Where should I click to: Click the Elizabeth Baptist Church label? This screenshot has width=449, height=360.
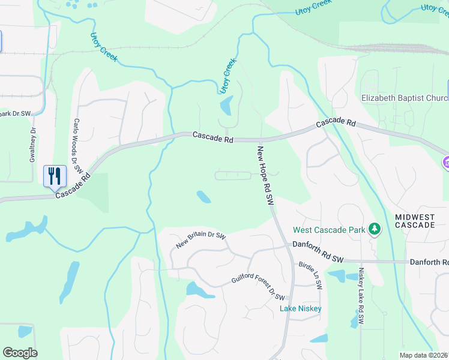click(405, 98)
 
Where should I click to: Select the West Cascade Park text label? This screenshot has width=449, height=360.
click(330, 230)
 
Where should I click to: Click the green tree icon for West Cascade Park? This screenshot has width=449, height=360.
click(375, 229)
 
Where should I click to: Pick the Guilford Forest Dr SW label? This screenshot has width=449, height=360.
click(258, 287)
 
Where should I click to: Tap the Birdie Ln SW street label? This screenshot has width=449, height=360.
click(311, 275)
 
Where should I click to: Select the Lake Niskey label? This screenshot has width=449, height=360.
click(301, 308)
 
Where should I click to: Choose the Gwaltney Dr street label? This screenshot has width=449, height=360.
click(33, 145)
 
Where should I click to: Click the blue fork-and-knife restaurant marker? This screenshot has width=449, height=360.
click(54, 176)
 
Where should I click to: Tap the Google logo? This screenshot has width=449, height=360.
click(20, 353)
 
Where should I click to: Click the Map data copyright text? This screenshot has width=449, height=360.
click(424, 355)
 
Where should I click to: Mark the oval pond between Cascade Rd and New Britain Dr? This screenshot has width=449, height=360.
click(203, 197)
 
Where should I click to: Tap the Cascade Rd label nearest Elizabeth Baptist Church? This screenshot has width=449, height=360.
click(336, 122)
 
